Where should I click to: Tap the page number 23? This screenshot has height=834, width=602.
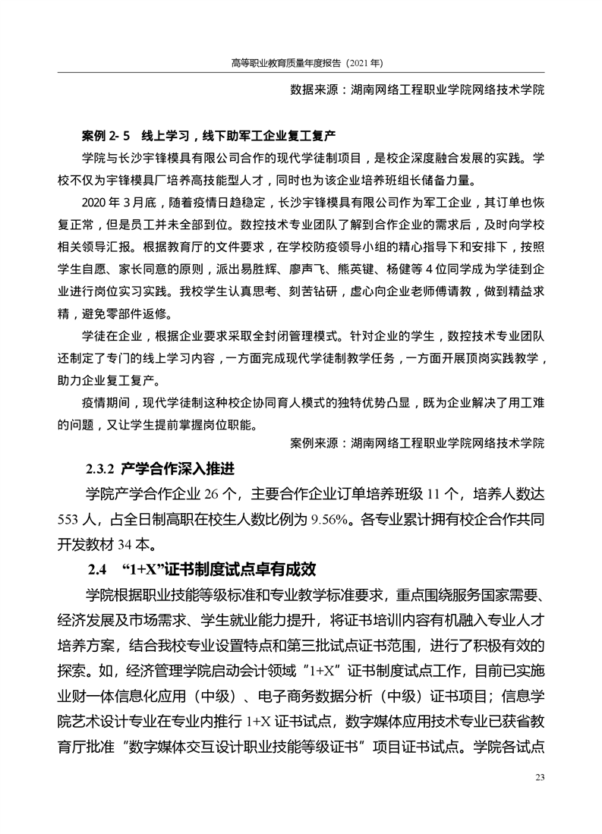point(541,776)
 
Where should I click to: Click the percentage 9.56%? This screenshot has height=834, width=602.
point(332,520)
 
